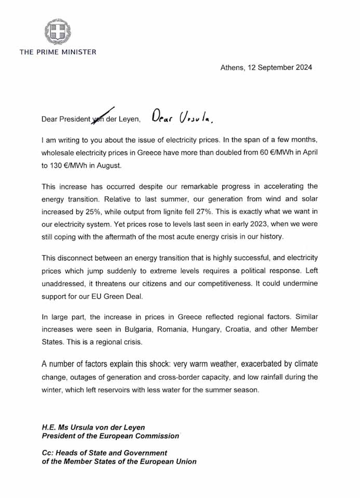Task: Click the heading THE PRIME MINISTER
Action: pyautogui.click(x=58, y=51)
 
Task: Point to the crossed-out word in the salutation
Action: pyautogui.click(x=98, y=119)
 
